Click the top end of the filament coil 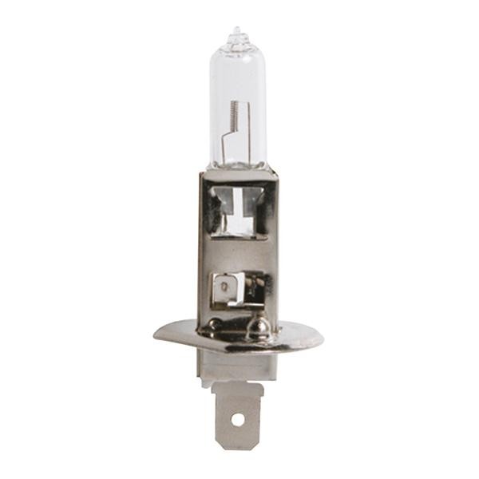[x=232, y=104]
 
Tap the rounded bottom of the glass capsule [x=237, y=164]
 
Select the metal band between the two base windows [x=237, y=254]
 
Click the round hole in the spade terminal [x=236, y=417]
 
